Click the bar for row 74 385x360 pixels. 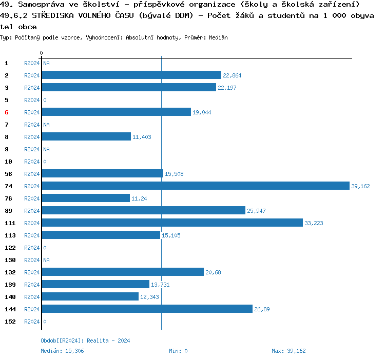click(195, 186)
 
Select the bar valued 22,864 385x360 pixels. click(131, 75)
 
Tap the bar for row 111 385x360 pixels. click(172, 223)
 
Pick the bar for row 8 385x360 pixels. click(86, 137)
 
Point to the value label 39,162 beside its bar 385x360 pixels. click(360, 186)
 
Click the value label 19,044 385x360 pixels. click(202, 112)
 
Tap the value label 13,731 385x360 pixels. click(160, 285)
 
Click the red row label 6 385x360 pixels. click(7, 112)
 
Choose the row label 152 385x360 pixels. click(10, 322)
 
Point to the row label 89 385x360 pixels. click(9, 211)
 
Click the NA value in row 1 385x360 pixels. click(46, 63)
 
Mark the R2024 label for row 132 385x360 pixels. click(32, 272)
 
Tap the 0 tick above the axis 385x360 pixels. click(41, 53)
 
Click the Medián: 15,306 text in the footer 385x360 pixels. click(62, 351)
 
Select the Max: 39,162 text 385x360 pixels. click(288, 351)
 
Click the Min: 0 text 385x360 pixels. click(178, 351)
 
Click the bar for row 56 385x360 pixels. click(102, 174)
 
